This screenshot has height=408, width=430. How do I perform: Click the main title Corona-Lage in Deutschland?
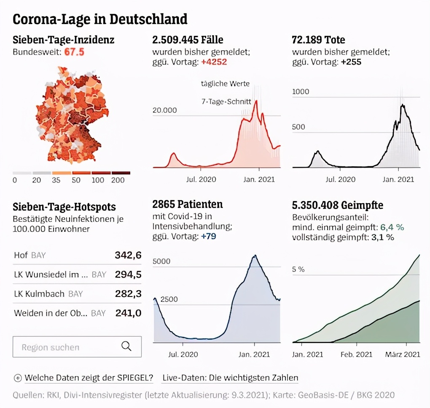(100, 19)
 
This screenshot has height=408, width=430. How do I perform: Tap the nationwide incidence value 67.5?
(74, 52)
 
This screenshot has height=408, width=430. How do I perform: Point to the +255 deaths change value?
(351, 62)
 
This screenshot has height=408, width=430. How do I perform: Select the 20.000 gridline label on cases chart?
(165, 110)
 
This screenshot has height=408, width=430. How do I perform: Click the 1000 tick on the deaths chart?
(301, 92)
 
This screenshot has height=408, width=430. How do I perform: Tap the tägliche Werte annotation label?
(225, 84)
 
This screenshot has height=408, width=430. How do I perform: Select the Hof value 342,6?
(128, 255)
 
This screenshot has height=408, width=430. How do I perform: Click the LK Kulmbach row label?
(39, 294)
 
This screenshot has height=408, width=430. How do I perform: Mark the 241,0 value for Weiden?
(128, 313)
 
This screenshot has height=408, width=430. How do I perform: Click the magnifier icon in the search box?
(126, 346)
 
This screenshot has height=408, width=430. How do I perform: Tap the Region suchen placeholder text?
(51, 347)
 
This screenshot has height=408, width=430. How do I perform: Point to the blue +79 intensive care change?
(208, 236)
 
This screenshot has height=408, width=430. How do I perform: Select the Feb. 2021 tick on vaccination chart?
(357, 354)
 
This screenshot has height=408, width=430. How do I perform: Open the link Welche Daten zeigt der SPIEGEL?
(89, 378)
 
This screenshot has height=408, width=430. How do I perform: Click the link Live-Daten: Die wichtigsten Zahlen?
(230, 378)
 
